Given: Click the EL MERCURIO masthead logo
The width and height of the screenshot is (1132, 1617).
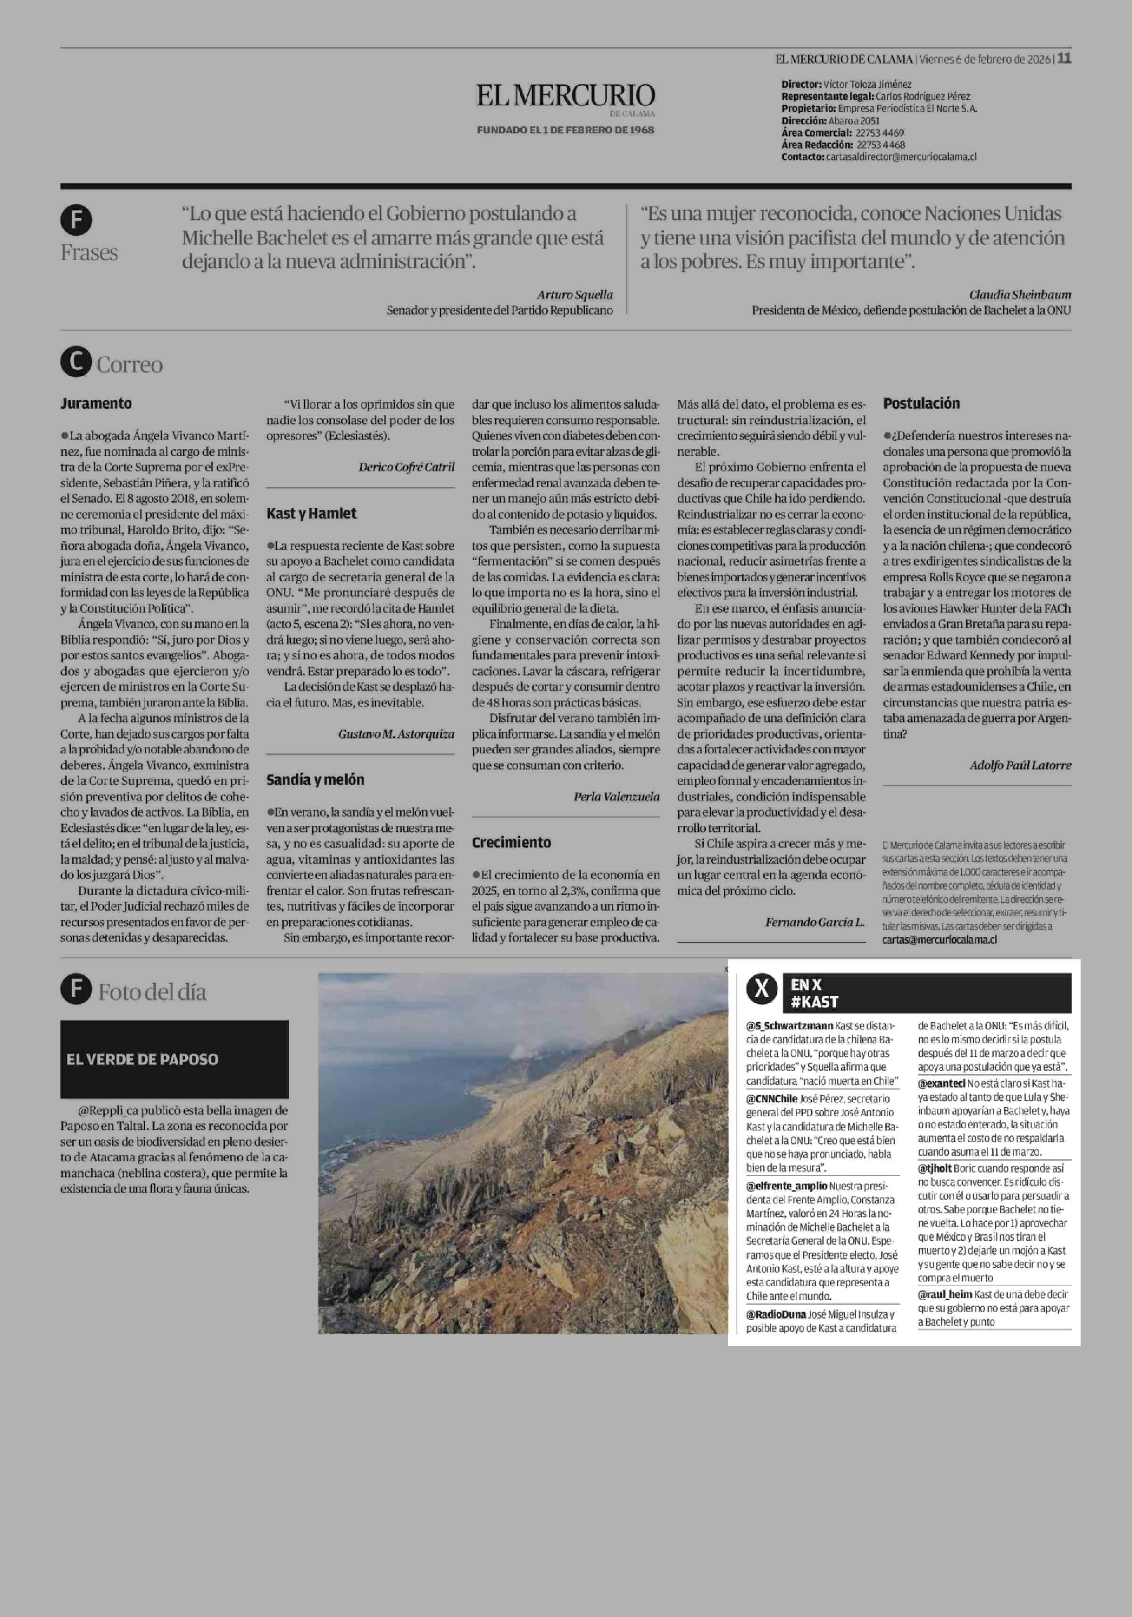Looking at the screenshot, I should [565, 96].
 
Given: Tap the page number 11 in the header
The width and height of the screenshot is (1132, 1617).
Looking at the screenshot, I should [1065, 58].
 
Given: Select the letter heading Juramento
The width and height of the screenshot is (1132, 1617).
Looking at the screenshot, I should [96, 404].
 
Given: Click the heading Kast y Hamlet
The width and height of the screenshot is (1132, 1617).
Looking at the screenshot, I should [311, 513].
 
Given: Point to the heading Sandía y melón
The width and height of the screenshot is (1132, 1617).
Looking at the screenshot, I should [315, 780].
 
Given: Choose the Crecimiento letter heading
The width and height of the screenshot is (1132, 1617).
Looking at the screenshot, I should [511, 842].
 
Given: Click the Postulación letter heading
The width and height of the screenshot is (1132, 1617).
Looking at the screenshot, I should [921, 404].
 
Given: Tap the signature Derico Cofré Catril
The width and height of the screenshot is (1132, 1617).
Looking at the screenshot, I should [407, 467].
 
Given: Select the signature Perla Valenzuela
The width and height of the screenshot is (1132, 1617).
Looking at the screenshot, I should [616, 797].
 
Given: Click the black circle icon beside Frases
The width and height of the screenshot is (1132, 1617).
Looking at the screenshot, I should [76, 220].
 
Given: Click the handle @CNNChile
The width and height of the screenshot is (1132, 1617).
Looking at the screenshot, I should [771, 1098].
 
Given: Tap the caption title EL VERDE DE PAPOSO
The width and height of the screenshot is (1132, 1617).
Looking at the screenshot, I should [142, 1059].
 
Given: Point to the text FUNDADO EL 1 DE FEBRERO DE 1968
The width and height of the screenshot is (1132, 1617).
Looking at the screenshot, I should [565, 130].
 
